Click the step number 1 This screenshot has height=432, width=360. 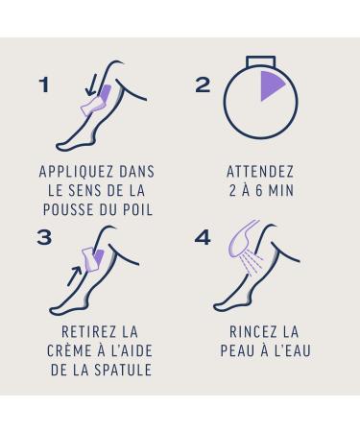(x=44, y=84)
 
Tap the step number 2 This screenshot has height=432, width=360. (x=203, y=84)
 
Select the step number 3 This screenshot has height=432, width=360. (x=44, y=238)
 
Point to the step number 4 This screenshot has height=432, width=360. (x=203, y=238)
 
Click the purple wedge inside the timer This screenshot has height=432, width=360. (x=271, y=84)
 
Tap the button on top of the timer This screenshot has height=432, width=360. (x=260, y=61)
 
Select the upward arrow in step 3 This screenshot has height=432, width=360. (x=74, y=276)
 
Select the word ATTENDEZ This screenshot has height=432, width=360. (x=260, y=172)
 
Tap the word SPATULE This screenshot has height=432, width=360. (x=123, y=370)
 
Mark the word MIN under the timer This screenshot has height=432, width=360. (x=281, y=191)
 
